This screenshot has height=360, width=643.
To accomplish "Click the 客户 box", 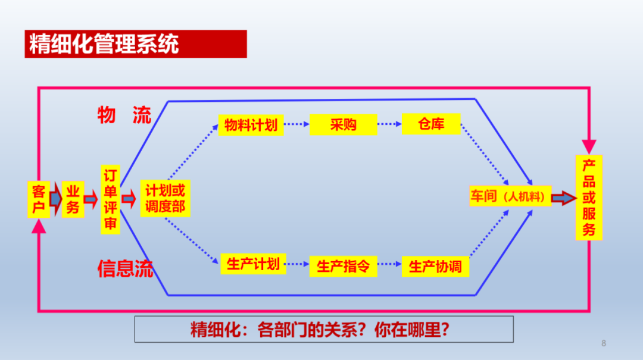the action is [39, 199].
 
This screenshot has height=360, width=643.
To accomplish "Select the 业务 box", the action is [73, 199].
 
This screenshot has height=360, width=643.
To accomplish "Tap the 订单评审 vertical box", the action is [110, 200].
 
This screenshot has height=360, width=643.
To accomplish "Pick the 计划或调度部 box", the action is [166, 199].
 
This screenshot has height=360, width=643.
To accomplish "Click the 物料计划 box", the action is [251, 125].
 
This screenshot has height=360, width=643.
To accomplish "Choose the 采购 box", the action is [344, 124].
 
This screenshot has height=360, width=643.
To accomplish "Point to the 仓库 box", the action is [431, 124].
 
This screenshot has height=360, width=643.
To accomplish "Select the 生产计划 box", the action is [253, 264].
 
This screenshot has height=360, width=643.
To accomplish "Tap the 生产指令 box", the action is [344, 266].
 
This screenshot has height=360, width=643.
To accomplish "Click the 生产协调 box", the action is [435, 267].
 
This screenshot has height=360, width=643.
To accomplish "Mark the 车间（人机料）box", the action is [510, 196].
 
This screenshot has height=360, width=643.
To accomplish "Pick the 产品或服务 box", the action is [589, 198].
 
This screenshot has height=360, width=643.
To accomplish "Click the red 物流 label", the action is [124, 115].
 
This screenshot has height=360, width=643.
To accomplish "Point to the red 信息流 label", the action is [125, 269].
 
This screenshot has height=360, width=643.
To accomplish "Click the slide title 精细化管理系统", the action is [104, 44].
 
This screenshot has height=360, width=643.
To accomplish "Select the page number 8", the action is [604, 343].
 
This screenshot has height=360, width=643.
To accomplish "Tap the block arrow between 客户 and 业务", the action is [56, 199].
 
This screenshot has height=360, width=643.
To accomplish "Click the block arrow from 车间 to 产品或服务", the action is [564, 198].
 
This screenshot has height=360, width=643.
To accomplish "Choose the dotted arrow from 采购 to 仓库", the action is [389, 124].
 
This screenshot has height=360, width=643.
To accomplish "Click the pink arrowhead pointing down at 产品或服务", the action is [589, 146].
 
